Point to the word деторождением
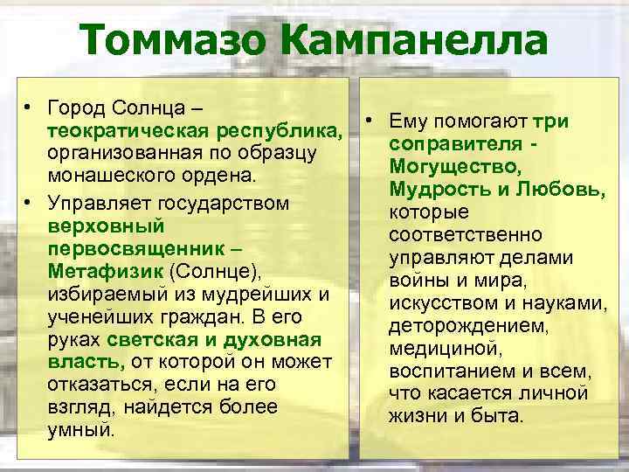[468, 325]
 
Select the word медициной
[446, 348]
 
